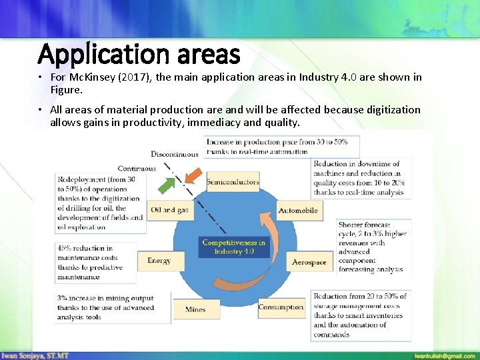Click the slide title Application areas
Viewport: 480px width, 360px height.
[139, 53]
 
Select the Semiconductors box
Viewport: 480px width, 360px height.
[232, 182]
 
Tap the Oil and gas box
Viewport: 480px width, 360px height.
[169, 210]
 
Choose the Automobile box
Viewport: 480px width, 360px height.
[297, 211]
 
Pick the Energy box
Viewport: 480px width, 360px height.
[159, 261]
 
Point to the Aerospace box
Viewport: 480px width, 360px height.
[309, 262]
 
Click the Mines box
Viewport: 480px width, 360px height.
[195, 309]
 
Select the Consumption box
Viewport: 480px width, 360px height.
[281, 307]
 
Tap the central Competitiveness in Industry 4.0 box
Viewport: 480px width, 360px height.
[233, 247]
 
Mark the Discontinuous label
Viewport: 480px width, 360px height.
[175, 155]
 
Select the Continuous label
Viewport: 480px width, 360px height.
[137, 169]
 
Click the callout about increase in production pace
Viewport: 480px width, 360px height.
[281, 147]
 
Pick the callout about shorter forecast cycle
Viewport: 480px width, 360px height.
[372, 247]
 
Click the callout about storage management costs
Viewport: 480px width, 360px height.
[360, 315]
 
